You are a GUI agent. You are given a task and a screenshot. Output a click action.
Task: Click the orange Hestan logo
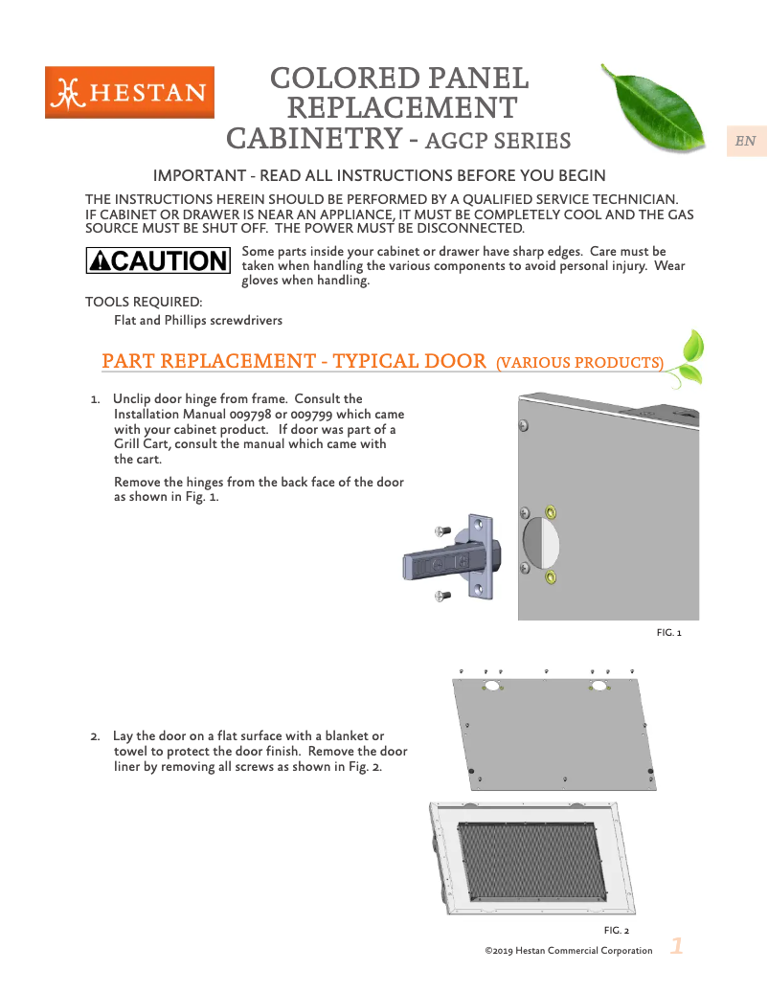pyautogui.click(x=129, y=92)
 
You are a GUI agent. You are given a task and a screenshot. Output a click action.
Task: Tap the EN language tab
pyautogui.click(x=745, y=142)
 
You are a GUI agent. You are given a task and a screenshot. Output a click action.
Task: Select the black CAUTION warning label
pyautogui.click(x=158, y=260)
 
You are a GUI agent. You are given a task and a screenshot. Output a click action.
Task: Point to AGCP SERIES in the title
pyautogui.click(x=497, y=142)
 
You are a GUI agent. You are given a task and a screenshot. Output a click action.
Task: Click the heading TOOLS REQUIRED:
pyautogui.click(x=144, y=303)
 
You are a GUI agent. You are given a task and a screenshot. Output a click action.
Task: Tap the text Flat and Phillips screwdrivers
pyautogui.click(x=198, y=320)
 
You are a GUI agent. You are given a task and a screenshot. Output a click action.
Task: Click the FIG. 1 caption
pyautogui.click(x=668, y=633)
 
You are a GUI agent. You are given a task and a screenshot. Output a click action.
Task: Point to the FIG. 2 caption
pyautogui.click(x=616, y=930)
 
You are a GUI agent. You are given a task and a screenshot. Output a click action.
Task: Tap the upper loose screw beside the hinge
pyautogui.click(x=441, y=531)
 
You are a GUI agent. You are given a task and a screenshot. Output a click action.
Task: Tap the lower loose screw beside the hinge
pyautogui.click(x=441, y=597)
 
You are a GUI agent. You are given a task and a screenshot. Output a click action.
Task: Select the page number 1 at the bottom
pyautogui.click(x=676, y=946)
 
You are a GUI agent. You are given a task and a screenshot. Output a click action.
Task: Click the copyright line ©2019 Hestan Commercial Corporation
pyautogui.click(x=569, y=951)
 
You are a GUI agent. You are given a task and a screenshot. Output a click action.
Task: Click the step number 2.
pyautogui.click(x=95, y=736)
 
